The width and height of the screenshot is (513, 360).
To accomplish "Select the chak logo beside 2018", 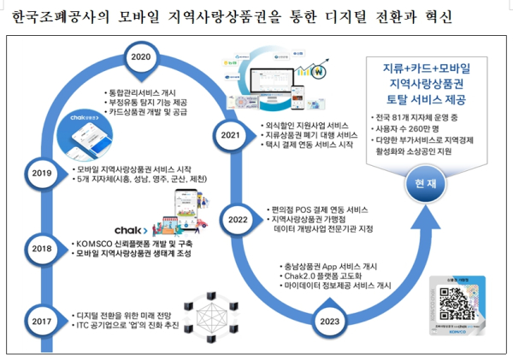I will tap(131, 230).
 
